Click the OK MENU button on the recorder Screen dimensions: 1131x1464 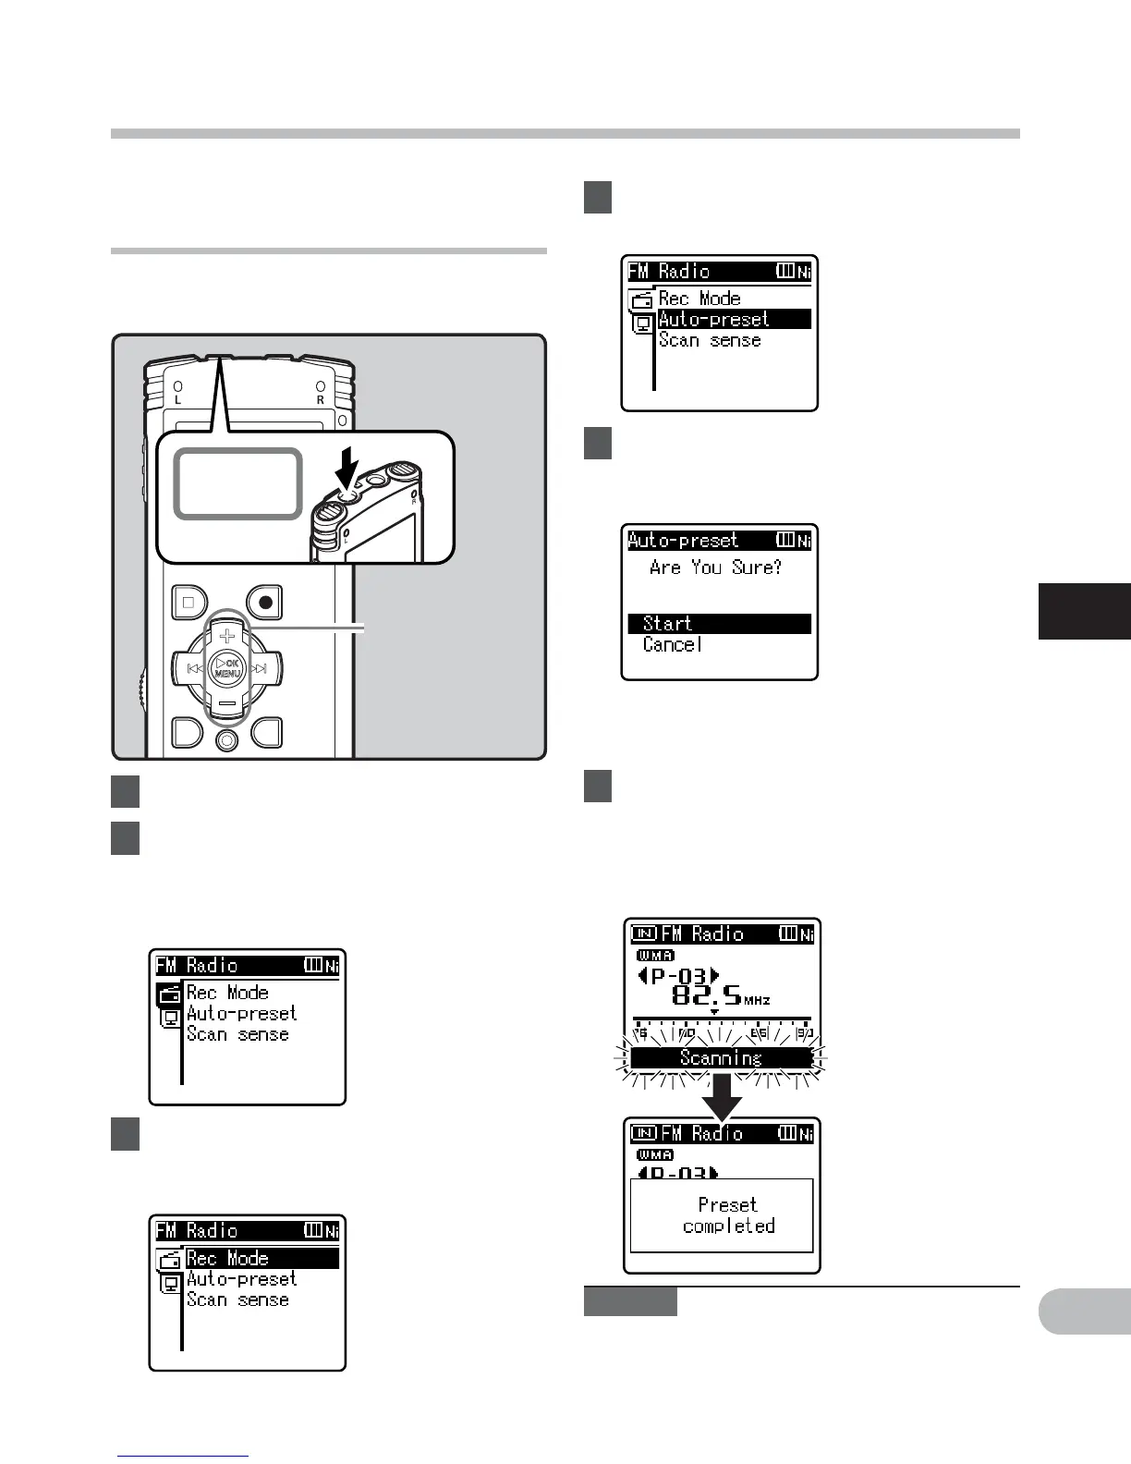click(x=227, y=668)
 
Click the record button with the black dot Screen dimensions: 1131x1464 click(x=265, y=603)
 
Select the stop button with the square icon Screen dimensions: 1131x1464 click(x=189, y=603)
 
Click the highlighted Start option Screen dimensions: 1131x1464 click(x=719, y=624)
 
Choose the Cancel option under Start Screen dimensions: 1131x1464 click(x=673, y=645)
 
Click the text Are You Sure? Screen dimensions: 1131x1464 click(x=715, y=567)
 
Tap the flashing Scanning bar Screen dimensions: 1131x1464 click(x=721, y=1058)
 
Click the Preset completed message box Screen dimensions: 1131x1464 click(x=722, y=1215)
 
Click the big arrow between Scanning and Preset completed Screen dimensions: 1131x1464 click(x=722, y=1095)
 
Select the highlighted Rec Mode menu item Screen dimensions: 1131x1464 click(x=261, y=1259)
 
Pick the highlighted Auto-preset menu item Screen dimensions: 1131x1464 click(x=734, y=320)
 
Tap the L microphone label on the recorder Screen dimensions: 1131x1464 click(x=177, y=400)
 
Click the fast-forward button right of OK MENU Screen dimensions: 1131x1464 click(x=261, y=668)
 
